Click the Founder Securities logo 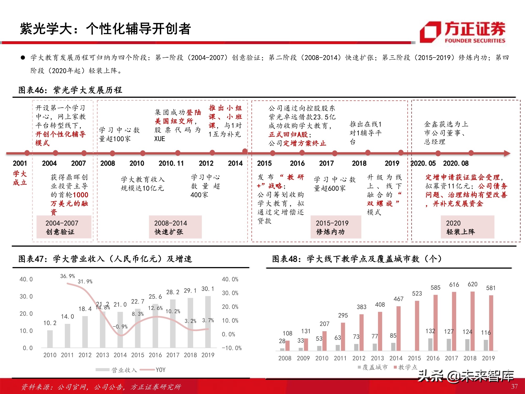coord(463,32)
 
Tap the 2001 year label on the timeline coord(20,163)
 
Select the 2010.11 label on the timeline coord(171,163)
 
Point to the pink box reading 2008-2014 coord(175,227)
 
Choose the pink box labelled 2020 coord(467,227)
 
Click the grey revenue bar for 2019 coord(208,322)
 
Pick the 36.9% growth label coord(67,276)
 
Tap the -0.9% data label coord(120,326)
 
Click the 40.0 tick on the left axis coord(26,279)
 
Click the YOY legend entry coord(160,370)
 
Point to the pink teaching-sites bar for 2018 coord(472,321)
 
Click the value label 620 coord(472,284)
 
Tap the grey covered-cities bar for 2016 coord(430,344)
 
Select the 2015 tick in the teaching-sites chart coord(414,358)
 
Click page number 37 coord(514,386)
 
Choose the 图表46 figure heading coord(70,90)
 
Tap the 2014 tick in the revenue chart coord(120,355)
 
